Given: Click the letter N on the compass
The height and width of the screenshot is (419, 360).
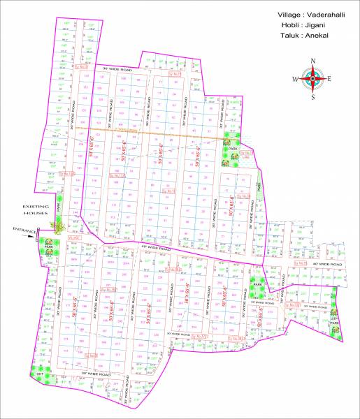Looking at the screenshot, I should point(313,61).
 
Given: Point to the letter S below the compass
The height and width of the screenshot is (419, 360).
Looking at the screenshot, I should point(313,97).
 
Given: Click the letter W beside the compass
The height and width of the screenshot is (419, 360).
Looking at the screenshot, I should point(295,79).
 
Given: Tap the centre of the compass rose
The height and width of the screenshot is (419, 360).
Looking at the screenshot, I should point(313,79).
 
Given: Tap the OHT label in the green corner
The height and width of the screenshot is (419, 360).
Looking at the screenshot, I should point(40,375).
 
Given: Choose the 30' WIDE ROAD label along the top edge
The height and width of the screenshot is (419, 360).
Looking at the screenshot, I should point(117,70).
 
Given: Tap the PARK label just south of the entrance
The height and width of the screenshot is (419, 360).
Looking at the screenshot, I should point(48,247).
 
